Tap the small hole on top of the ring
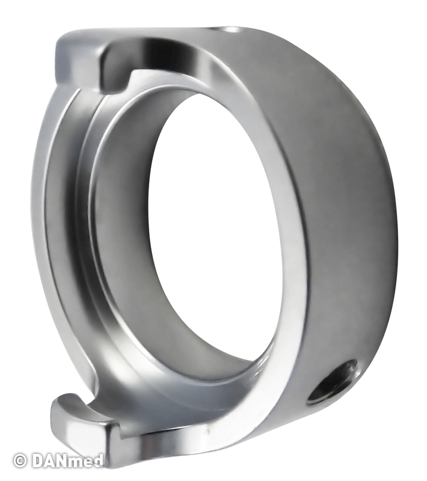[x=229, y=29]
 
